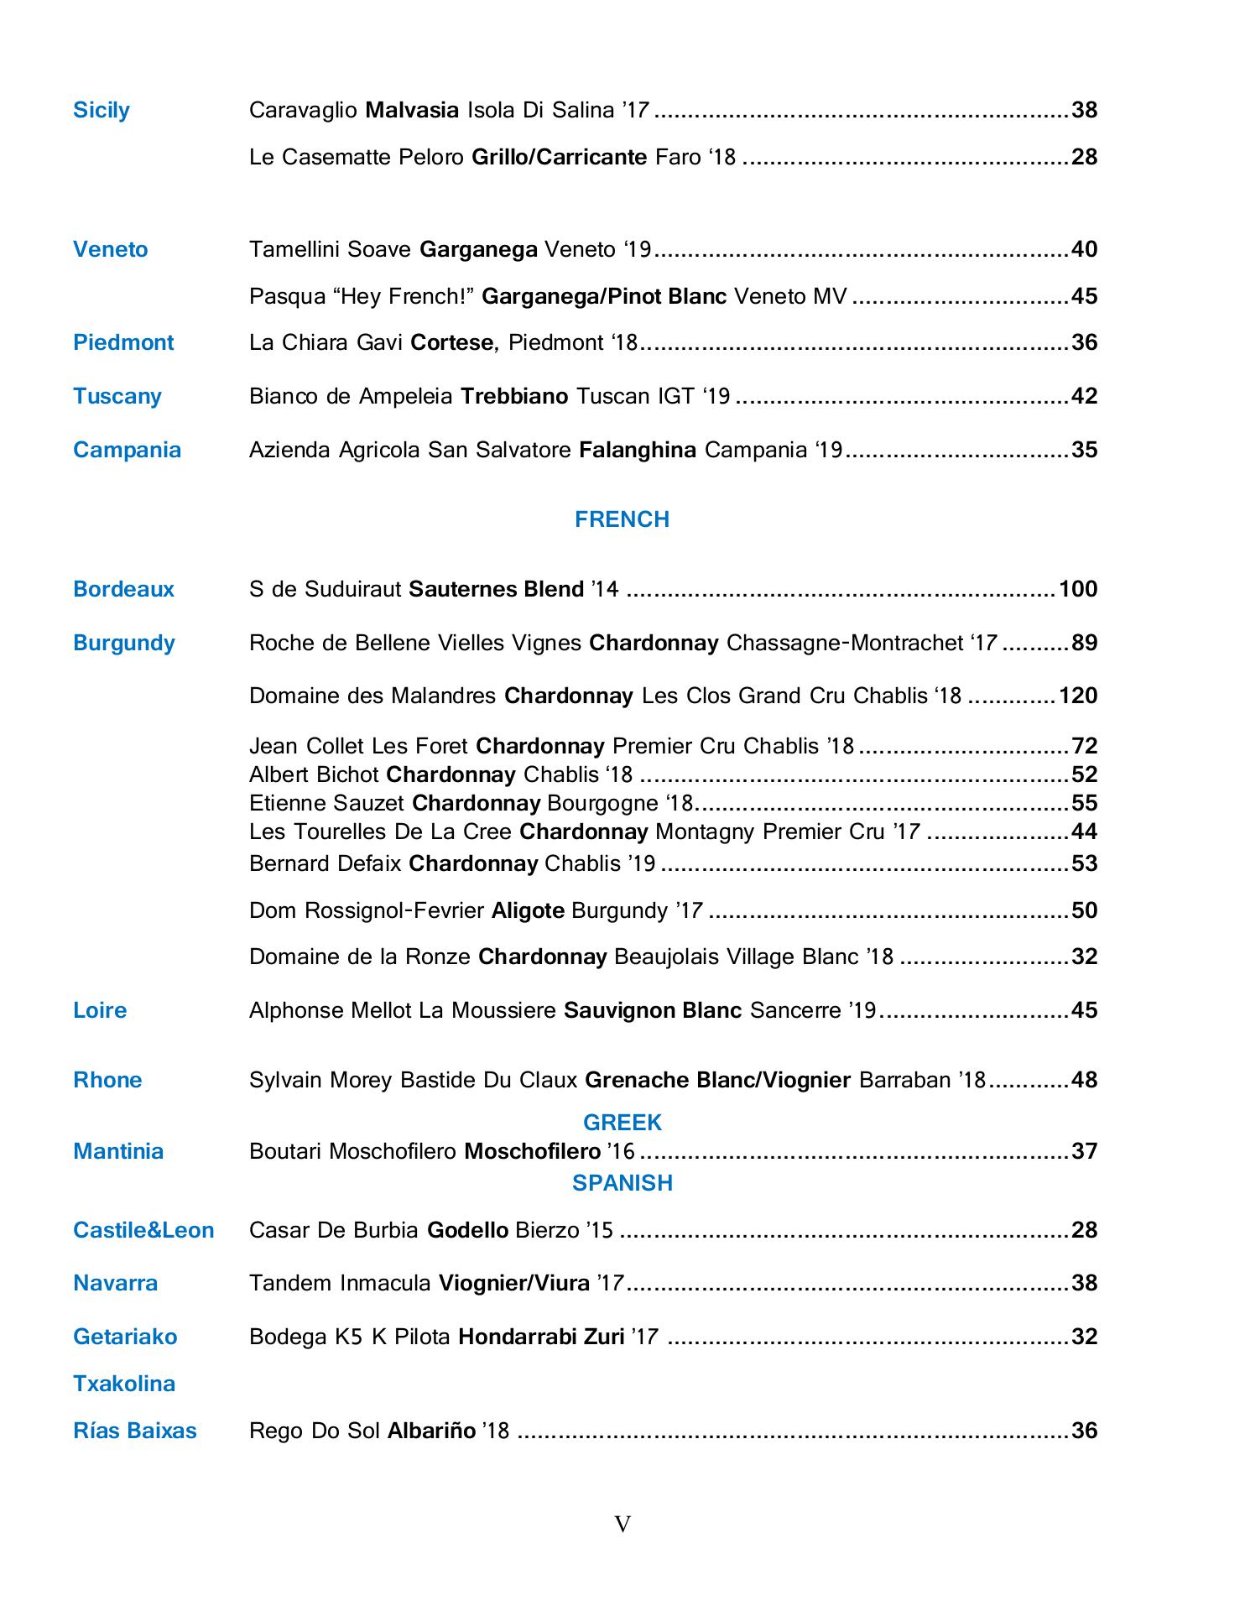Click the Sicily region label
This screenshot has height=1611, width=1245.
102,111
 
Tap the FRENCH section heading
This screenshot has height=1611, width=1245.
622,519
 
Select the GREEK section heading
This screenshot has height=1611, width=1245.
622,1123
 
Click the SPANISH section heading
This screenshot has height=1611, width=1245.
622,1183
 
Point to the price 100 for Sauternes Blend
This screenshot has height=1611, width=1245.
1078,589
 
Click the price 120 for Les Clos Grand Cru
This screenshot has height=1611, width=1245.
1078,696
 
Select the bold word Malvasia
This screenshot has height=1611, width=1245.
412,111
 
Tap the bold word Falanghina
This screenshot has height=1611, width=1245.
638,451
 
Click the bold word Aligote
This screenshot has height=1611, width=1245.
528,910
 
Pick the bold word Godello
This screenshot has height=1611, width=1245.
467,1231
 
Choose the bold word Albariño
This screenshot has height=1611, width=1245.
431,1431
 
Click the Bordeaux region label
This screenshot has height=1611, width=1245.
123,589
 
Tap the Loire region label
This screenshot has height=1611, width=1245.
100,1010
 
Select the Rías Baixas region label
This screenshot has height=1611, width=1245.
135,1431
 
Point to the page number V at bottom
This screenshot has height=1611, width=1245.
622,1525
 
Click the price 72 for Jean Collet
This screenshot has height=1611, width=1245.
1085,746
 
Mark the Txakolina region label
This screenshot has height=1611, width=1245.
124,1384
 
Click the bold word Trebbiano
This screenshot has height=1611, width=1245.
514,396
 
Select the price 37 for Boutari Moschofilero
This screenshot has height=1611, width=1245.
1085,1151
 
